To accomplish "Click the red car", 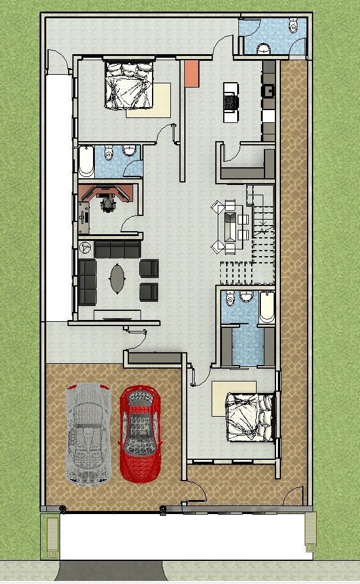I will (x=141, y=432).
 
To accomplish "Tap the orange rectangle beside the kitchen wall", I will (x=192, y=74).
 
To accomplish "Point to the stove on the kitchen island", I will (x=231, y=102).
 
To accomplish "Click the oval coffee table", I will (x=118, y=278).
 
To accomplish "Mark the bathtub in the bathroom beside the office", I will (x=86, y=161).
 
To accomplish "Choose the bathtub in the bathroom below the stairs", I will (x=266, y=308).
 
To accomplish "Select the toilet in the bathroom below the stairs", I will (x=246, y=296).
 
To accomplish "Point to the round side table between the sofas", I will (x=86, y=248).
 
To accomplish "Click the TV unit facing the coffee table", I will (x=117, y=315).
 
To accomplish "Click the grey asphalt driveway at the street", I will (x=109, y=571).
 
